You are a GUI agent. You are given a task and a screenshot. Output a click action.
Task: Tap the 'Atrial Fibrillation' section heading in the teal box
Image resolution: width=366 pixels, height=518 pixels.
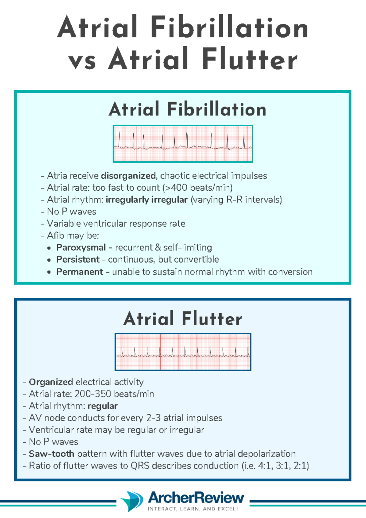(x=187, y=109)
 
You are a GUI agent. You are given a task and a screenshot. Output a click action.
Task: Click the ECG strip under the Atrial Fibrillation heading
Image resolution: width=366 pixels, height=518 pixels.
(x=183, y=144)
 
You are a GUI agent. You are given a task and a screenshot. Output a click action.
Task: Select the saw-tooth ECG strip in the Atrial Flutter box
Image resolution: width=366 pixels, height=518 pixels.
(x=183, y=352)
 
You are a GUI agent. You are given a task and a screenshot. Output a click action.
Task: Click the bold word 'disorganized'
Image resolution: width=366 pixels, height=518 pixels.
(x=128, y=176)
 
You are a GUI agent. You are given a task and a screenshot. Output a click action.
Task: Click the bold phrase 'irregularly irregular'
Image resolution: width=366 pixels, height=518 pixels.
(x=146, y=200)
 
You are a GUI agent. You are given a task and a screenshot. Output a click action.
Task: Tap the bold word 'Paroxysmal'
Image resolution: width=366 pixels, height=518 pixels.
(x=81, y=247)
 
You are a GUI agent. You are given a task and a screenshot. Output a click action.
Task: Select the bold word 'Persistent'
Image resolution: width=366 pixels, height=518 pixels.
(x=78, y=260)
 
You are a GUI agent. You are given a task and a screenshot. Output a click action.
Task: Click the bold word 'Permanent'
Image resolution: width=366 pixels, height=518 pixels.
(x=80, y=272)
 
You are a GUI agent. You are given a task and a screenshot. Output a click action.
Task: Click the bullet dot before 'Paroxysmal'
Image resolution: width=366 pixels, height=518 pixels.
(x=49, y=248)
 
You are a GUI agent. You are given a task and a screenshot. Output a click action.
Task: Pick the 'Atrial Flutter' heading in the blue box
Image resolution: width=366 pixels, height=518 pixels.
(x=182, y=318)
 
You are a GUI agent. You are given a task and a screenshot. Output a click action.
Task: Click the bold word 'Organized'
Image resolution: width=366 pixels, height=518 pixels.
(x=51, y=382)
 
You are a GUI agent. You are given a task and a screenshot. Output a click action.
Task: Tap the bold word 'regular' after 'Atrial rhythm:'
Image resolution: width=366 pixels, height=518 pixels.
(x=102, y=406)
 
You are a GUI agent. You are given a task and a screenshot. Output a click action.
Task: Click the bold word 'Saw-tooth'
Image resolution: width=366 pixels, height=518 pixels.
(x=51, y=454)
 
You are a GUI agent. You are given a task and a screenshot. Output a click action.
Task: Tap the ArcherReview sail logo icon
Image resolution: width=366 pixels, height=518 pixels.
(x=132, y=501)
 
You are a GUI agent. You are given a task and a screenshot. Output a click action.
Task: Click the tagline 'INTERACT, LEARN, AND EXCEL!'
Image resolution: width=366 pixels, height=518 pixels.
(x=193, y=509)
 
